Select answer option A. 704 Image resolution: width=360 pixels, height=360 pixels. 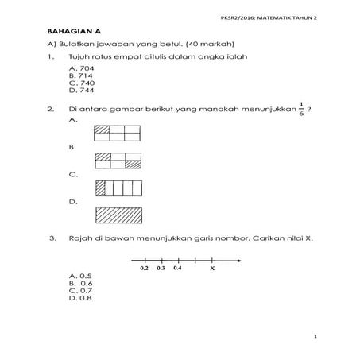point(82,69)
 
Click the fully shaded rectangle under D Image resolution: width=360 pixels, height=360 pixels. point(118,215)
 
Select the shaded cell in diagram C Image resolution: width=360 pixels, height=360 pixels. point(100,188)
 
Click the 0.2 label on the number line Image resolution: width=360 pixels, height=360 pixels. point(144,269)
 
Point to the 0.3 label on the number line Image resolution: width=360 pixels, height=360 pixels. point(161,269)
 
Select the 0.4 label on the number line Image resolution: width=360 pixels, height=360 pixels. point(178,269)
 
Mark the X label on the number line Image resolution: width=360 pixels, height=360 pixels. point(212,269)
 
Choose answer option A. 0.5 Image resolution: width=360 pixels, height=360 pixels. point(80,276)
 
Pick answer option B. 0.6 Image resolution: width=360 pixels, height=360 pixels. point(80,283)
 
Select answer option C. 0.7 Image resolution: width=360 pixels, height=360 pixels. point(80,290)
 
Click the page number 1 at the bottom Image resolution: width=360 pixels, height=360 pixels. point(315,337)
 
